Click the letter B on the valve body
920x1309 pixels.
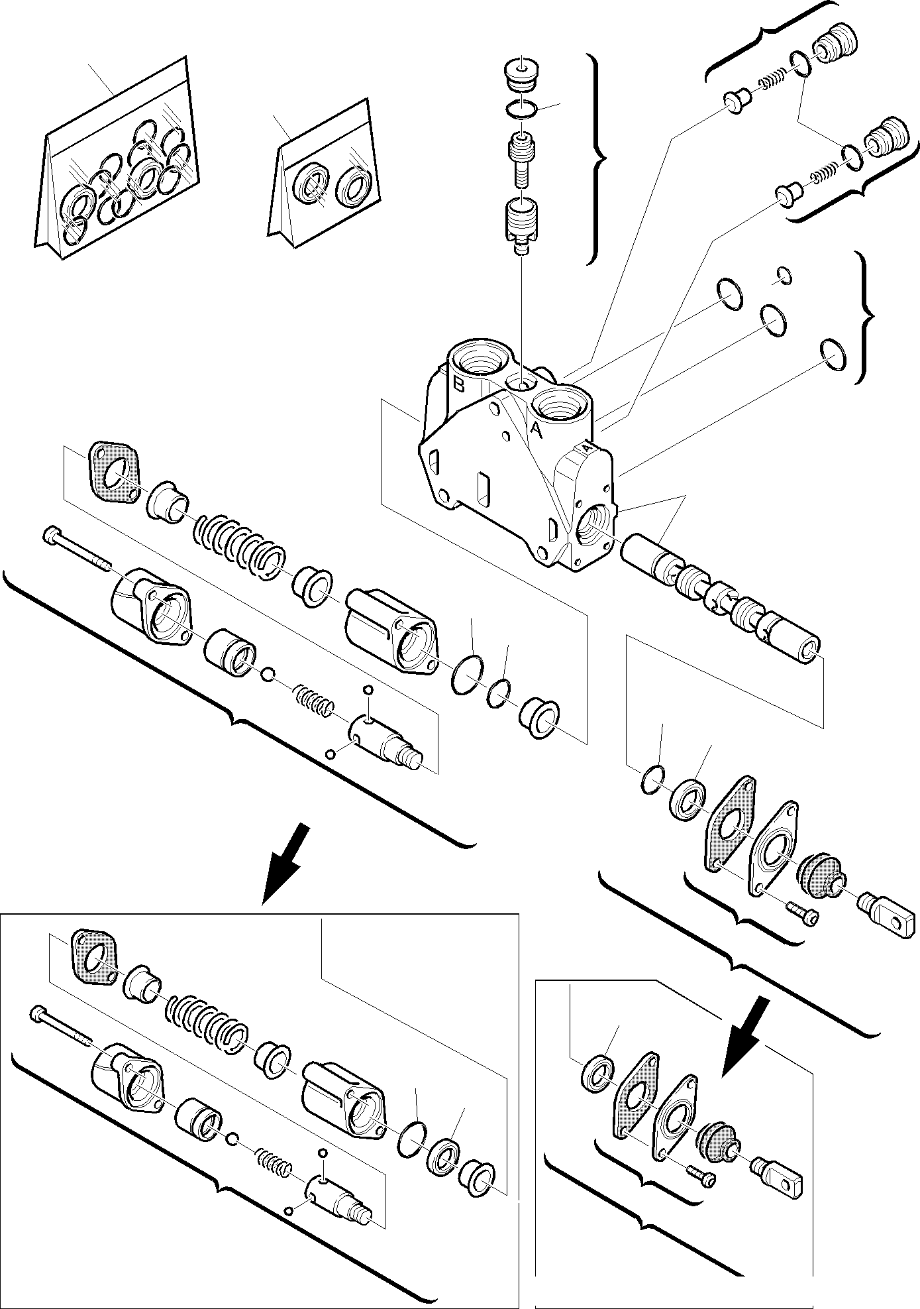pyautogui.click(x=458, y=383)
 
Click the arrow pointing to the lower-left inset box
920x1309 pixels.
pyautogui.click(x=285, y=861)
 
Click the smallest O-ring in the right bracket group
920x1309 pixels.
pyautogui.click(x=784, y=275)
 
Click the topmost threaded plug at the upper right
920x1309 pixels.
pyautogui.click(x=837, y=47)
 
